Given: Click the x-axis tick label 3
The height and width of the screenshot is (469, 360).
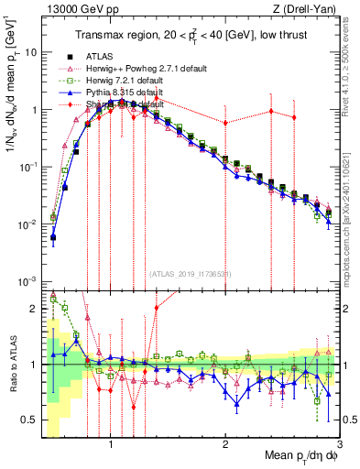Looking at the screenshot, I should coord(340,442).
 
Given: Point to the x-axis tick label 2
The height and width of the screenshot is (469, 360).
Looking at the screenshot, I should coord(225,442).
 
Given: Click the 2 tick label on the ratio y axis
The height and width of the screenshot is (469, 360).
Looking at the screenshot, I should coord(35,309).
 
